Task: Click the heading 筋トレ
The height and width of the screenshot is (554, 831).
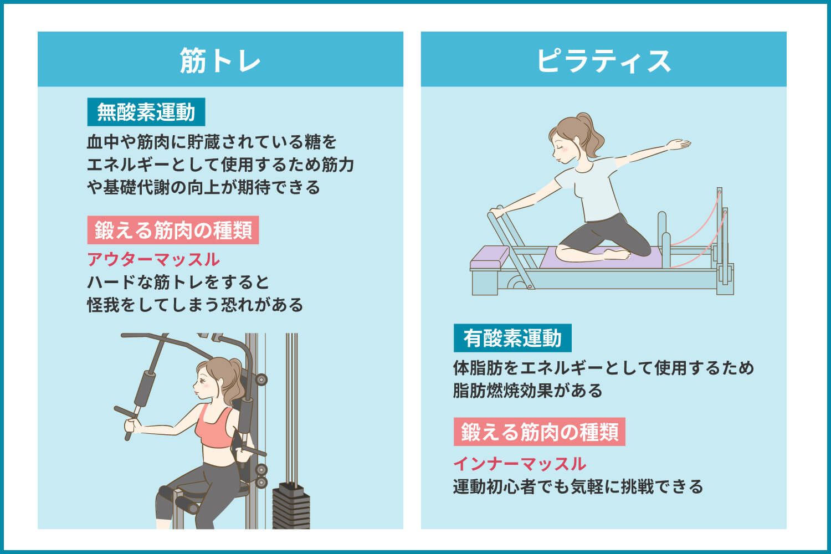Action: (x=220, y=60)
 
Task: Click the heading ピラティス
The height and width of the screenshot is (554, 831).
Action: (x=603, y=60)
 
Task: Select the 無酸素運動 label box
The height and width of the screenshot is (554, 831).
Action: (x=146, y=112)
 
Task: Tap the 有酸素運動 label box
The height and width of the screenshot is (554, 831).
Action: (x=512, y=338)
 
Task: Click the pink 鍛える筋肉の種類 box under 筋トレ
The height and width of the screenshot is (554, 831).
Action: (x=173, y=230)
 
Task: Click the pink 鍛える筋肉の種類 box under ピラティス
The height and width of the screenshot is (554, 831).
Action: (x=539, y=432)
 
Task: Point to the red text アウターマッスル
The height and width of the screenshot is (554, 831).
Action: (x=153, y=259)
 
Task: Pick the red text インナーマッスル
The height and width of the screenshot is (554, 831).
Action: (x=520, y=463)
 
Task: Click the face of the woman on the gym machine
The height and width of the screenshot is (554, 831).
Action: (x=205, y=382)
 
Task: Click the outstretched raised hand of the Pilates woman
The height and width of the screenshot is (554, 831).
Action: (x=679, y=145)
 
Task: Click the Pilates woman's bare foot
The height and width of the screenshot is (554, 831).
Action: (x=618, y=255)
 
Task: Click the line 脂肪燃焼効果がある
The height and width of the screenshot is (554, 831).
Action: (x=527, y=391)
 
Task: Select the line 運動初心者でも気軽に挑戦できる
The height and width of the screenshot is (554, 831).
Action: (x=578, y=486)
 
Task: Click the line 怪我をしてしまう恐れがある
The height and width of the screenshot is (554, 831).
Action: (x=195, y=305)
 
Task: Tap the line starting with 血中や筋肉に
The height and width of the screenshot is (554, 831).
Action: (x=212, y=142)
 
